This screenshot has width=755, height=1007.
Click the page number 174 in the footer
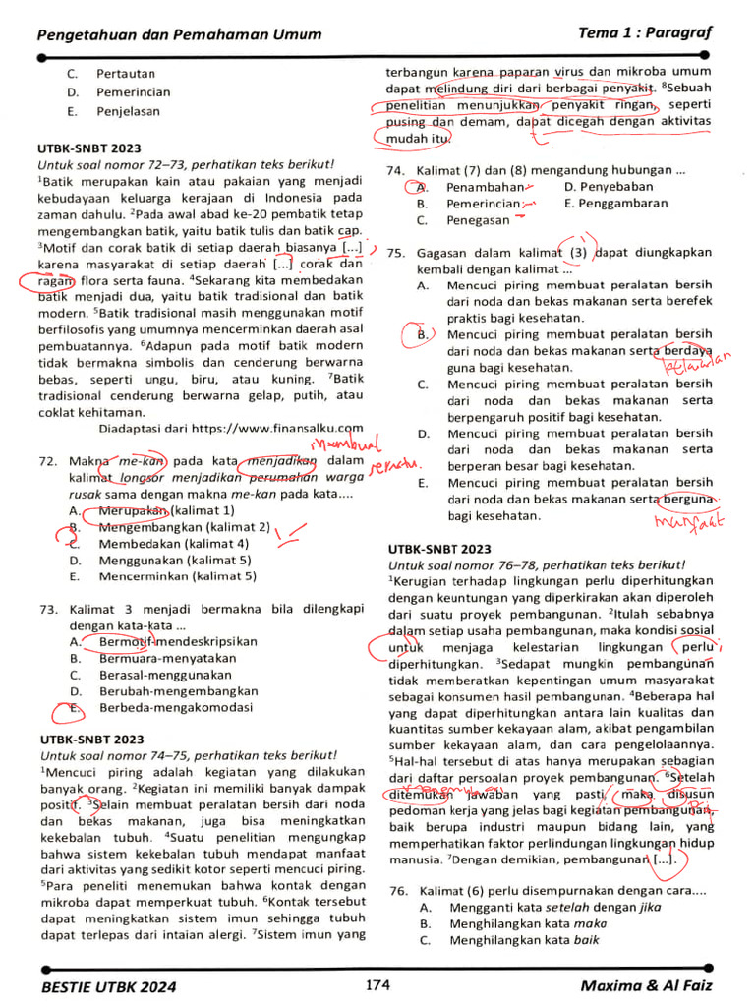[x=377, y=984]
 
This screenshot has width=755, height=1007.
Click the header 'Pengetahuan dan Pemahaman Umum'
[x=179, y=34]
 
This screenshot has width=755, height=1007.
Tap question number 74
[x=395, y=170]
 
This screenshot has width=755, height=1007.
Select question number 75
[x=395, y=253]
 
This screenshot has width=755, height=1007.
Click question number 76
[x=397, y=890]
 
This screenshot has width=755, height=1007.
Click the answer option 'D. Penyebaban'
[x=609, y=187]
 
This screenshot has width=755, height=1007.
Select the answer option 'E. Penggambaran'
[x=616, y=204]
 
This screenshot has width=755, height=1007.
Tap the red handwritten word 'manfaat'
[x=683, y=520]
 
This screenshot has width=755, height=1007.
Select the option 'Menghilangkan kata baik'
[x=525, y=940]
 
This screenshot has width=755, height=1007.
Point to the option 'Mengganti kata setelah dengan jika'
[x=554, y=907]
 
